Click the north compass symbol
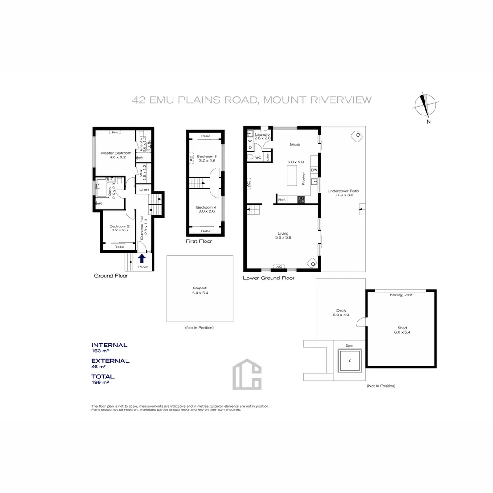click(426, 105)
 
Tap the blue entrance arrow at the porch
click(142, 258)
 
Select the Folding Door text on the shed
click(401, 295)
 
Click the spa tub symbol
click(350, 361)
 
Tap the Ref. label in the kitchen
click(282, 200)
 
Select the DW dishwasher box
click(314, 170)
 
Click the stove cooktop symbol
click(301, 199)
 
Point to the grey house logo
click(247, 374)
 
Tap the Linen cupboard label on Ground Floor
click(144, 189)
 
